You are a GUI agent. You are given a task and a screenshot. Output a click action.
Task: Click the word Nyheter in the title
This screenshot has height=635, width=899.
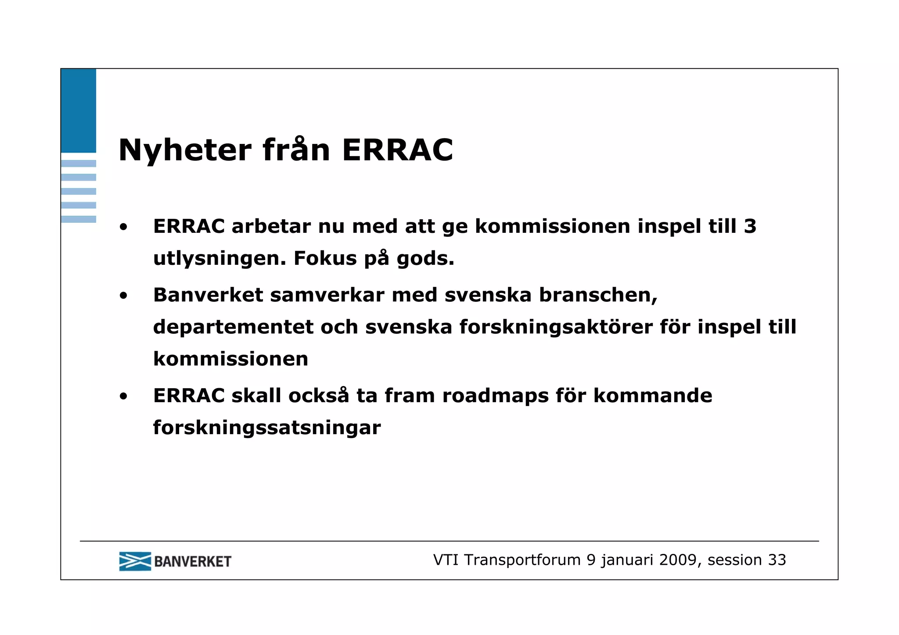tap(185, 150)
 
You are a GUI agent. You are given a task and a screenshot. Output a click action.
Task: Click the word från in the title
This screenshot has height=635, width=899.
tap(296, 150)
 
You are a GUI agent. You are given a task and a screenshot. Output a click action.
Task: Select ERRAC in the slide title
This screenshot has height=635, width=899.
tap(397, 150)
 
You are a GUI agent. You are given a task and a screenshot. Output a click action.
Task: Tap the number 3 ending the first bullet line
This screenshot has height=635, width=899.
tap(750, 226)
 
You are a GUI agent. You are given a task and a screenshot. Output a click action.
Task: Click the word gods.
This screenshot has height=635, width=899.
tap(425, 258)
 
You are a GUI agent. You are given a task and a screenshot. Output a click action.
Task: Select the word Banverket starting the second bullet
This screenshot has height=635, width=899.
tap(208, 295)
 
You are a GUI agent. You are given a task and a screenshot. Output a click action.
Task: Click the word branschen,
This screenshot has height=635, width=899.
tap(598, 295)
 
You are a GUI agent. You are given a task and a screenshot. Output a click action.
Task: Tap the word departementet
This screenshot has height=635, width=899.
tap(233, 327)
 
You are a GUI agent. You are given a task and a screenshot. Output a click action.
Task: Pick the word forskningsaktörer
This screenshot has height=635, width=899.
tap(556, 327)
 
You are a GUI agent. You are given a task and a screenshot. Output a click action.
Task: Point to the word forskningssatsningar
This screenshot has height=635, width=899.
tap(266, 428)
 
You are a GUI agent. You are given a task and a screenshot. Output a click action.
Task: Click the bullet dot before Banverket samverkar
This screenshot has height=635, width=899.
tap(123, 296)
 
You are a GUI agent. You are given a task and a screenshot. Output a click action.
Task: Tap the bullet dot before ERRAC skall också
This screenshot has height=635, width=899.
tap(123, 397)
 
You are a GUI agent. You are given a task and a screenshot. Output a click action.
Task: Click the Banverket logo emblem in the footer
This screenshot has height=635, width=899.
tap(135, 561)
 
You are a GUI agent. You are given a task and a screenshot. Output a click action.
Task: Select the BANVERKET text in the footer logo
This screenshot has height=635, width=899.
tap(193, 562)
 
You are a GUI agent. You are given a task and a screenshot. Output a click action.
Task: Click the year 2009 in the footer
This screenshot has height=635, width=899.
tap(678, 560)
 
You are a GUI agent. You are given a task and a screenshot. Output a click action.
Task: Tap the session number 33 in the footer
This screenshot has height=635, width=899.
tap(777, 560)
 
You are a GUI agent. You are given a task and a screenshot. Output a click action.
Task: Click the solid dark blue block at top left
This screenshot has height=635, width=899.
tap(78, 111)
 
